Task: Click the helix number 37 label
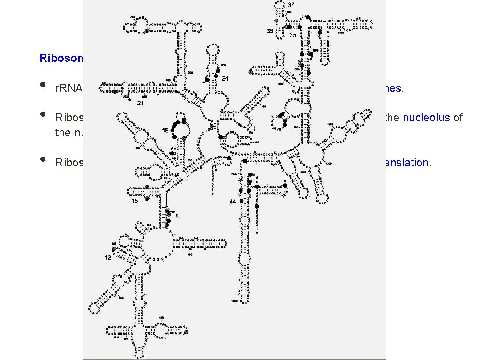[x=291, y=5]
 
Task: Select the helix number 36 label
[x=269, y=31]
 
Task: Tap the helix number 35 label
[x=292, y=35]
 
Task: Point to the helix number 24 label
[x=225, y=78]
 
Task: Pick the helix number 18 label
[x=165, y=130]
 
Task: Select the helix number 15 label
[x=135, y=201]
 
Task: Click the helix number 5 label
[x=177, y=215]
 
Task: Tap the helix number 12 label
[x=108, y=258]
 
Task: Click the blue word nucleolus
[x=421, y=117]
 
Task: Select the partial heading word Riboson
[x=61, y=58]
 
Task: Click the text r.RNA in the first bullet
[x=69, y=88]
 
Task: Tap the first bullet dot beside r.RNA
[x=43, y=85]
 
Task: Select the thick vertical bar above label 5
[x=166, y=202]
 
